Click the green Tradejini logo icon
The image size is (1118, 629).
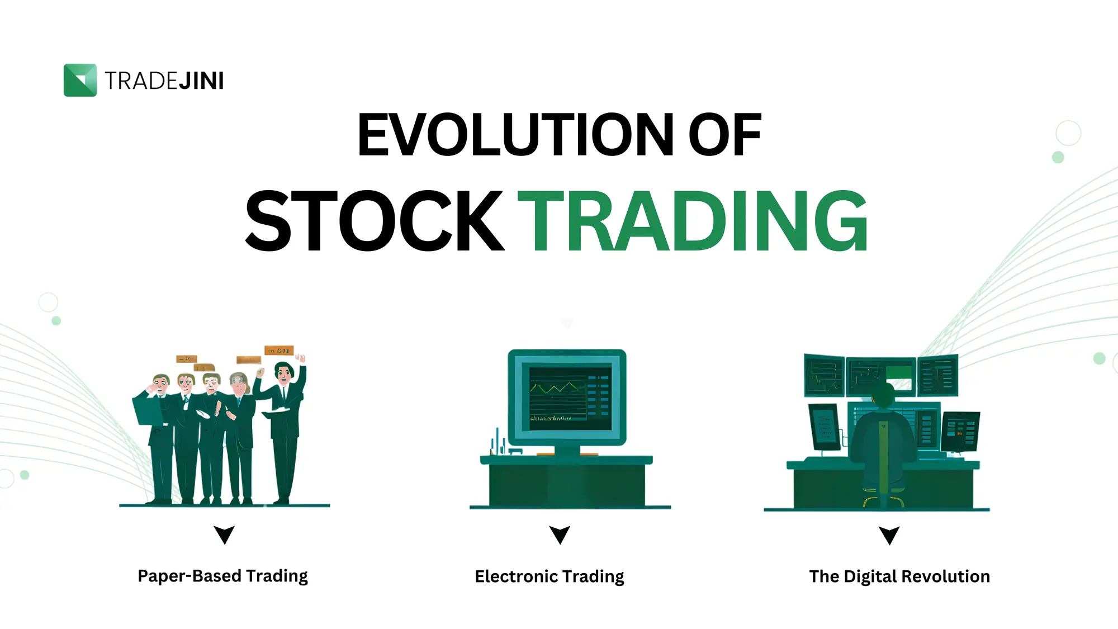pyautogui.click(x=80, y=80)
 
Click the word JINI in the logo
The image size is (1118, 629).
pyautogui.click(x=201, y=81)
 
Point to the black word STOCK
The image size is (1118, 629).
pyautogui.click(x=375, y=221)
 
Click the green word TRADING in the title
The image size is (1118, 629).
pyautogui.click(x=693, y=221)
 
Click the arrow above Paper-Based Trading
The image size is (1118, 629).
pyautogui.click(x=224, y=535)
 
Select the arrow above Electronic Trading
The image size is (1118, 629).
pyautogui.click(x=560, y=535)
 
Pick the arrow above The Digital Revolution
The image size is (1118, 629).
pyautogui.click(x=889, y=535)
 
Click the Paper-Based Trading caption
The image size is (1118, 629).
pyautogui.click(x=222, y=576)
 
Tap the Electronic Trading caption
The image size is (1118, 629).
pyautogui.click(x=549, y=576)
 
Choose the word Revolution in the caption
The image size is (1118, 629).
pyautogui.click(x=945, y=576)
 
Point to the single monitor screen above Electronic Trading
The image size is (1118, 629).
pyautogui.click(x=567, y=398)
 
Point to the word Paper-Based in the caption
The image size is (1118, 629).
pyautogui.click(x=190, y=576)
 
